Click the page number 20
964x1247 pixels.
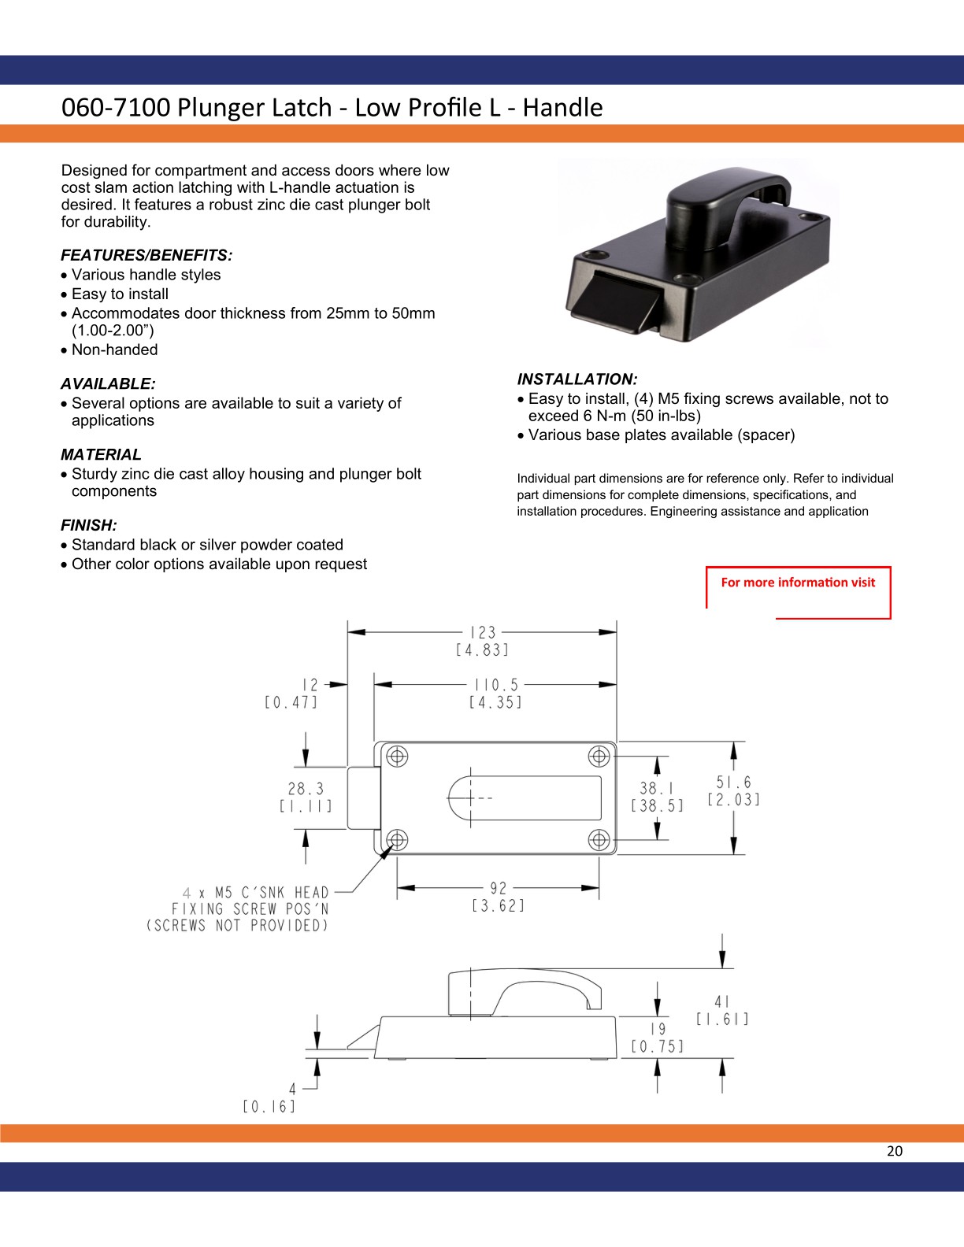(895, 1151)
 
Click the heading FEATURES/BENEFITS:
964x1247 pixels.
(146, 255)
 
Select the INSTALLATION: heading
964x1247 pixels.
(577, 379)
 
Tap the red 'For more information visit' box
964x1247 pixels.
(798, 583)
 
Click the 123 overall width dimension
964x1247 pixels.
(483, 633)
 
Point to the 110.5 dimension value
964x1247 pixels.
(496, 686)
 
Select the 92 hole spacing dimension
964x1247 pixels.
(499, 889)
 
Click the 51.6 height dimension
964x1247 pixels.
(734, 783)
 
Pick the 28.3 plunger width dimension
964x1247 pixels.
(306, 789)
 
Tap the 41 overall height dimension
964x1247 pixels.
(722, 1001)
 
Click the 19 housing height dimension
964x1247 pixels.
(658, 1029)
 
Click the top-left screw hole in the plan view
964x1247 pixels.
(397, 757)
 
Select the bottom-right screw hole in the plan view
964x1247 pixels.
(599, 839)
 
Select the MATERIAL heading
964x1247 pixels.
(101, 455)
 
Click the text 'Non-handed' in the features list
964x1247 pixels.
(114, 350)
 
